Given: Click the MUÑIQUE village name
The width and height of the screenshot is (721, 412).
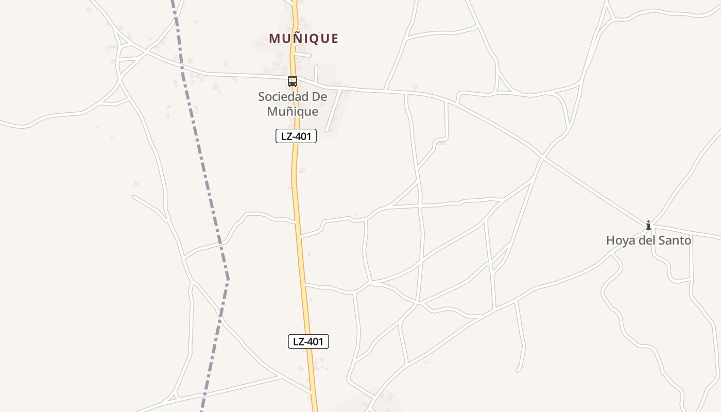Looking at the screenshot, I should tap(303, 39).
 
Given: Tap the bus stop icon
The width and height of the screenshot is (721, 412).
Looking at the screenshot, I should tap(293, 81).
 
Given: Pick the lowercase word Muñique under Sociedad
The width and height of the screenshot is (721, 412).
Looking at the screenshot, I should tap(293, 111).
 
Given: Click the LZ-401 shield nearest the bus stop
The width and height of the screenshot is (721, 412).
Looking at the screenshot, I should tap(296, 136).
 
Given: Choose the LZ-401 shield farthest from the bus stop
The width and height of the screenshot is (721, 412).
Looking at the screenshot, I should tap(308, 341).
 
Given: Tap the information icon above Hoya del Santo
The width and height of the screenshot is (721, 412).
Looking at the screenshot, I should tap(648, 225).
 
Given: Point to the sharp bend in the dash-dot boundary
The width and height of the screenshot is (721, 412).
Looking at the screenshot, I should tap(228, 280).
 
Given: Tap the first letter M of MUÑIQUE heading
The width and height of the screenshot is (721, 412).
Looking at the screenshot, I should tap(274, 39).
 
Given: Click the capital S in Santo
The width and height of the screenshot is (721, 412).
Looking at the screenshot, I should tap(661, 241).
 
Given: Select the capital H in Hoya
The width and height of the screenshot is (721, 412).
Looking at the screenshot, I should tap(610, 241).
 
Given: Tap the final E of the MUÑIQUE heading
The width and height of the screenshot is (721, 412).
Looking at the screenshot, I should tap(335, 39).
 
